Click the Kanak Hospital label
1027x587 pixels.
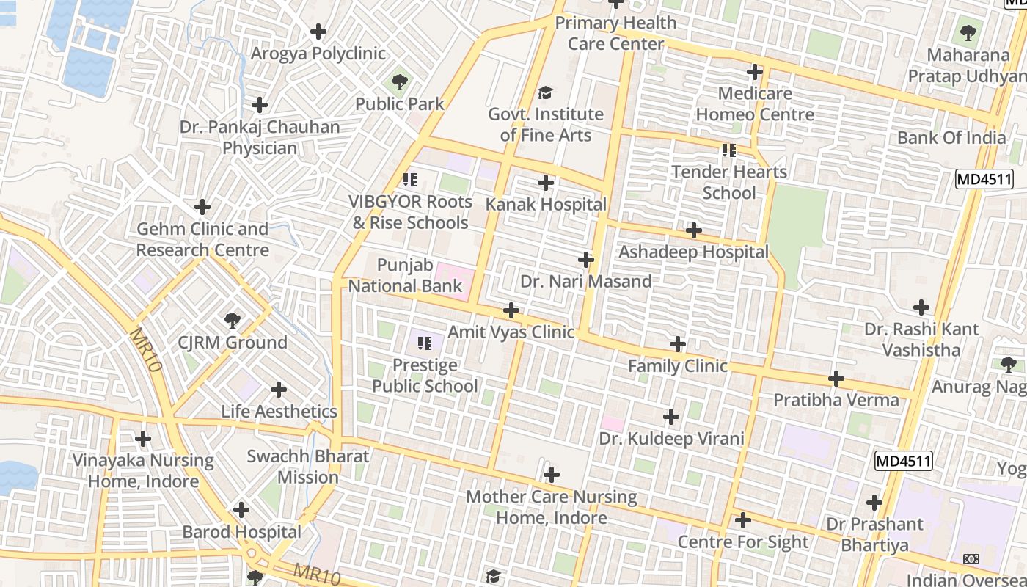pyautogui.click(x=547, y=205)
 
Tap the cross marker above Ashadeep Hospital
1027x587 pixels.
pyautogui.click(x=693, y=230)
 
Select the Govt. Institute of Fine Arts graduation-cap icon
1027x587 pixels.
pyautogui.click(x=545, y=92)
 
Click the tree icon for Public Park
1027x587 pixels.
pyautogui.click(x=399, y=81)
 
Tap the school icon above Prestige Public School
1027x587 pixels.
pyautogui.click(x=425, y=343)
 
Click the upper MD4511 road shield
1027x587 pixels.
pyautogui.click(x=984, y=178)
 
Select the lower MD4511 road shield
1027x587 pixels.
pyautogui.click(x=903, y=461)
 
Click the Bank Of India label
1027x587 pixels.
pyautogui.click(x=951, y=137)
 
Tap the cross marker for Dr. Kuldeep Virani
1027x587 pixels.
pyautogui.click(x=670, y=417)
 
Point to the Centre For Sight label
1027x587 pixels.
pyautogui.click(x=742, y=542)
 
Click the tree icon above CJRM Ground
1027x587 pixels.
pyautogui.click(x=233, y=320)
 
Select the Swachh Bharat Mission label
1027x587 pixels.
pyautogui.click(x=308, y=466)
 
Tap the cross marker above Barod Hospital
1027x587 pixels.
pyautogui.click(x=241, y=509)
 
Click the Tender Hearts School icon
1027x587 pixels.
pyautogui.click(x=728, y=150)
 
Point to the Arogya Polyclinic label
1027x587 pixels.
pyautogui.click(x=318, y=54)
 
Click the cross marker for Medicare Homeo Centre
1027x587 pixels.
pyautogui.click(x=754, y=72)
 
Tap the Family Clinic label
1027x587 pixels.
pyautogui.click(x=678, y=365)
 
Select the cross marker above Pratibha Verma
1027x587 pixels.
pyautogui.click(x=836, y=379)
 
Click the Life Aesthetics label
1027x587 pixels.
pyautogui.click(x=279, y=412)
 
